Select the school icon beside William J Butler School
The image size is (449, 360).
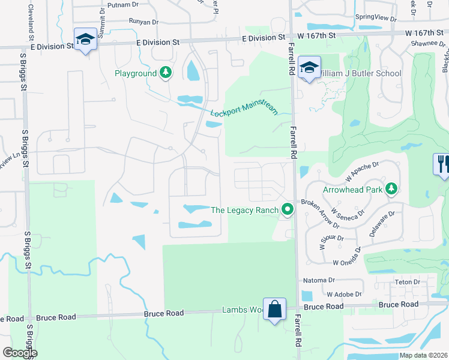tap(309, 68)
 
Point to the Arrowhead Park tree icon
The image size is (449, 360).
tap(391, 189)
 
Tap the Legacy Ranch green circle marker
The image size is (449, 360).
tap(288, 210)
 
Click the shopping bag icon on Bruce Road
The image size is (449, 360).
tap(274, 309)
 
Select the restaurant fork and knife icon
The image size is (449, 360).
tap(442, 164)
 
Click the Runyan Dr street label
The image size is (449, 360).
tap(143, 22)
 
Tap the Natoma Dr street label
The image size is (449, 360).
tap(319, 280)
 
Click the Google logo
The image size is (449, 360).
tap(20, 352)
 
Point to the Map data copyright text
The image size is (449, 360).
tap(424, 355)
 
